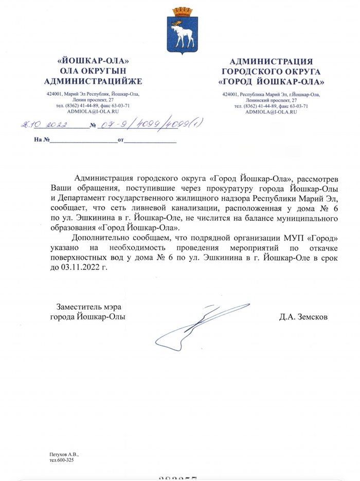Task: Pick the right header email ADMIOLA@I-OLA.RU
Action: tap(271, 111)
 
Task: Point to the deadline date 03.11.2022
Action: tap(80, 268)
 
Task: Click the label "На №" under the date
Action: tap(41, 140)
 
